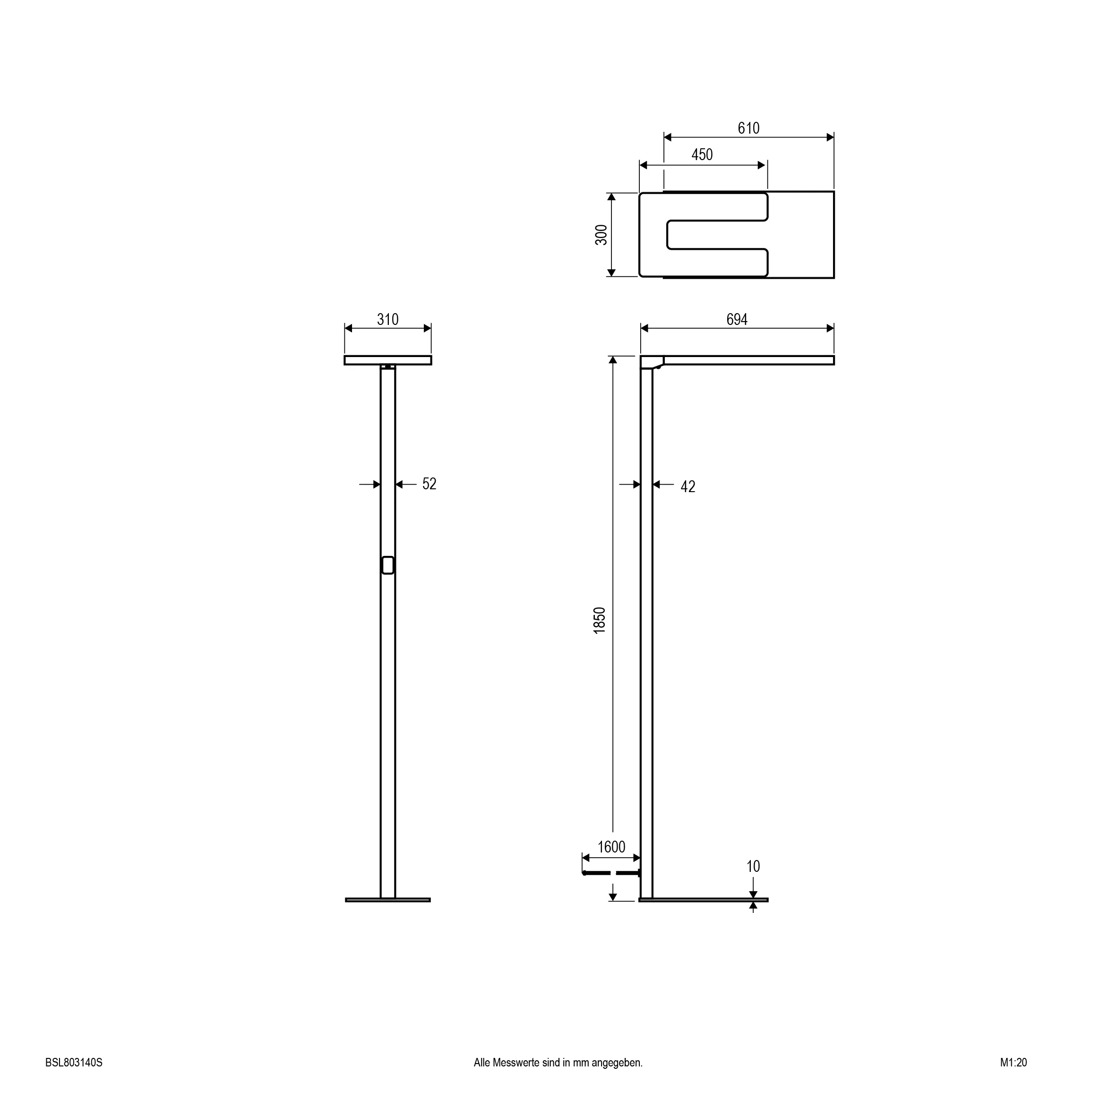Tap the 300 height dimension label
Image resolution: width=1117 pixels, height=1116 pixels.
(601, 235)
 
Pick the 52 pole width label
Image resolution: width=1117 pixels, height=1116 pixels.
(429, 484)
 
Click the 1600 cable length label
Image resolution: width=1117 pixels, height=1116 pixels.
(611, 847)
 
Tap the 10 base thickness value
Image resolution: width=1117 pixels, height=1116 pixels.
(753, 866)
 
